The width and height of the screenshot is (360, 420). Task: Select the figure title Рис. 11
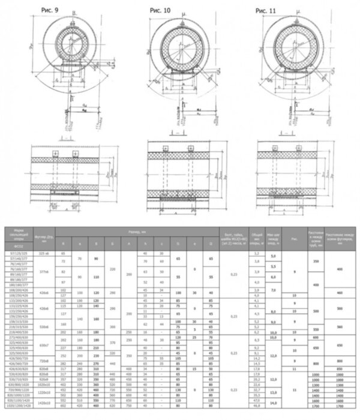(266, 11)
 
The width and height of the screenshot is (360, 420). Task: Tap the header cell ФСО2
(18, 247)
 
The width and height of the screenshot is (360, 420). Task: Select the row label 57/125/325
(18, 254)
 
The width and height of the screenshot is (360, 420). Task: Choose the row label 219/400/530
(18, 332)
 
